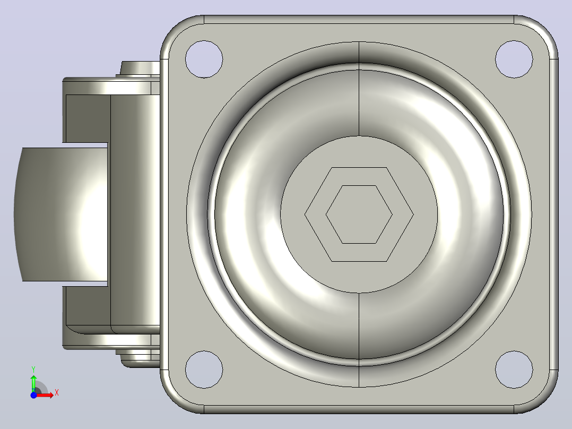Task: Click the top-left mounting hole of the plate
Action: coord(204,59)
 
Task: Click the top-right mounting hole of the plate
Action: coord(514,59)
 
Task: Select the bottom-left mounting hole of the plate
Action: coord(204,370)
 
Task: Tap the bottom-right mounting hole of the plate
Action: coord(514,370)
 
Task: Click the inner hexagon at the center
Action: coord(359,214)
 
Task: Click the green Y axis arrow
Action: coord(33,383)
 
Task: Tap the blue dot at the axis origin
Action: coord(33,395)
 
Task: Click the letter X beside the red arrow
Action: coord(57,393)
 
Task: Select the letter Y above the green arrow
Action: coord(33,370)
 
